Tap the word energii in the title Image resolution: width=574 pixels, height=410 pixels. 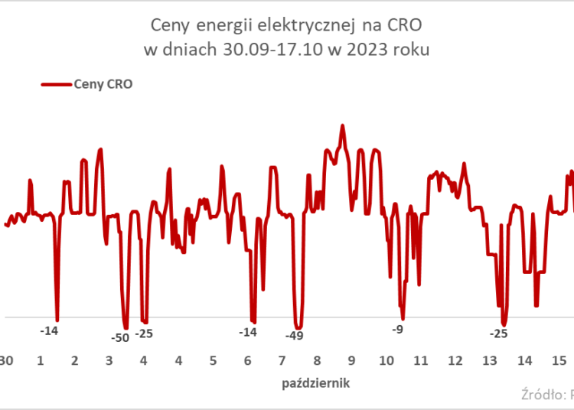pyautogui.click(x=230, y=27)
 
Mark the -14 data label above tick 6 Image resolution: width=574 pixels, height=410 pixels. pyautogui.click(x=248, y=332)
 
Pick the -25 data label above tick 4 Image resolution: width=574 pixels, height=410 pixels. pyautogui.click(x=144, y=334)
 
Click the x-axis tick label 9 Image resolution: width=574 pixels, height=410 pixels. pyautogui.click(x=351, y=360)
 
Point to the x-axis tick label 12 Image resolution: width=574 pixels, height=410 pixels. pyautogui.click(x=455, y=360)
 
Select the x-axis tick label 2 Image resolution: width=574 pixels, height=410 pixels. pyautogui.click(x=74, y=360)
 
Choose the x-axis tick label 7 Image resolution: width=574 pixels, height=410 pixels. pyautogui.click(x=282, y=360)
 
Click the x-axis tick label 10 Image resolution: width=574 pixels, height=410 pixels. pyautogui.click(x=386, y=360)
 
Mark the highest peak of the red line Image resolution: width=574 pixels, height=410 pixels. pyautogui.click(x=343, y=125)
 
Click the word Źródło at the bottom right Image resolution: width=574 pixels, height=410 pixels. pyautogui.click(x=540, y=395)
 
